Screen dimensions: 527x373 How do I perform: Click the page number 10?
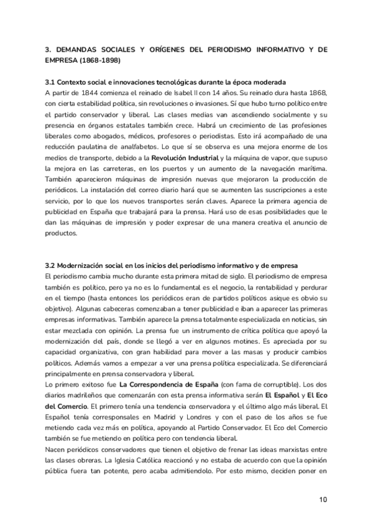click(x=322, y=498)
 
